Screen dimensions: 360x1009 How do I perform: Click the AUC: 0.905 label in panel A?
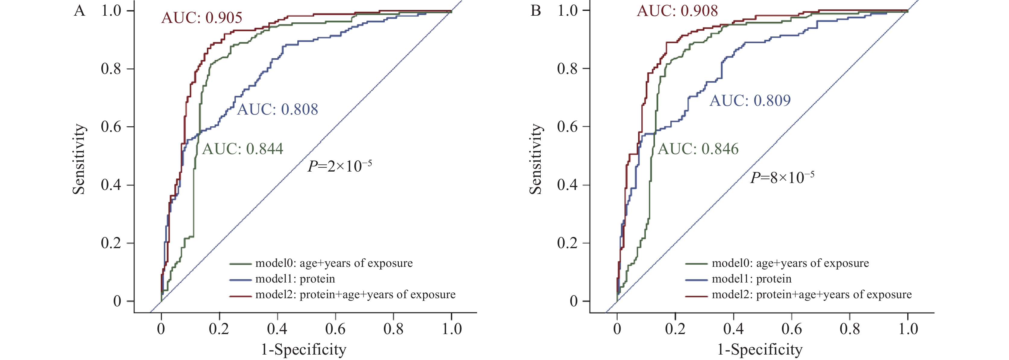click(x=202, y=17)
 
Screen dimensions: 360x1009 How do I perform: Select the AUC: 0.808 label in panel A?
click(x=277, y=109)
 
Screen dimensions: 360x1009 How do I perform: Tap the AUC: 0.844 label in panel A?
click(x=242, y=149)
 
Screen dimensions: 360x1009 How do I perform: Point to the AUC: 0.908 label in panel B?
click(x=677, y=10)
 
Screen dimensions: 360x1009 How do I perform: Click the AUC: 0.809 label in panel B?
click(x=750, y=101)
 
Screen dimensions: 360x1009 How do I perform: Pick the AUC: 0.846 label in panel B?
click(x=698, y=149)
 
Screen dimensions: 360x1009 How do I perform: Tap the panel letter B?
click(x=536, y=11)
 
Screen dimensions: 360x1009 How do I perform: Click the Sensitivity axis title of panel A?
click(x=79, y=159)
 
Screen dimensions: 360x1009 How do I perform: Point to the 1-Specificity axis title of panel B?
click(x=760, y=349)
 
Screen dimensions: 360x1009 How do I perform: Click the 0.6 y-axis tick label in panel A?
click(x=111, y=127)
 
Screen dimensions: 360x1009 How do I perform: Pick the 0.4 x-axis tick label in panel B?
click(x=733, y=329)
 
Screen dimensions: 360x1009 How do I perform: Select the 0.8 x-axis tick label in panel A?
click(x=393, y=329)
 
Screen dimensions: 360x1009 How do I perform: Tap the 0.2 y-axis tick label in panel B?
click(x=568, y=243)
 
